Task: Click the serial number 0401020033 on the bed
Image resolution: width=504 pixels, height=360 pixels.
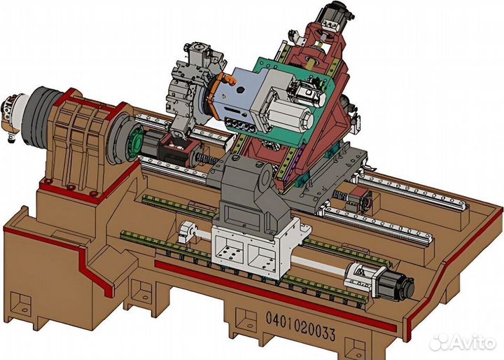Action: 300,326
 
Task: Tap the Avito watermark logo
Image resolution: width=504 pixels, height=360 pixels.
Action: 462,342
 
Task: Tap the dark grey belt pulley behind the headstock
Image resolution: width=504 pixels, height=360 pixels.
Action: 39,114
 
